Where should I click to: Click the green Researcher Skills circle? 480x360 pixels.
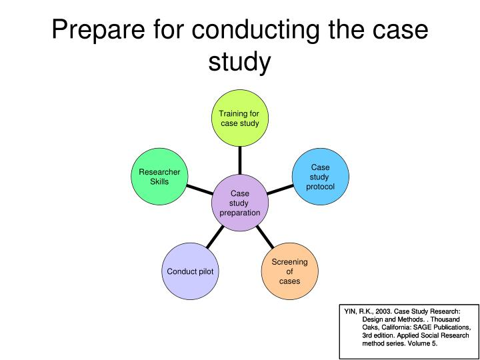(159, 177)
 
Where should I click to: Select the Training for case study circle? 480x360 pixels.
(240, 118)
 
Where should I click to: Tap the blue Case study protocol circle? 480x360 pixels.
(321, 177)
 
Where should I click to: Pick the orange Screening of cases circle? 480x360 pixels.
(289, 271)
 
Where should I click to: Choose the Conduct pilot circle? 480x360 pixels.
(191, 271)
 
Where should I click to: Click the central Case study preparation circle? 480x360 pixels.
(240, 203)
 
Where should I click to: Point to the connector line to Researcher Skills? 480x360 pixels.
(199, 189)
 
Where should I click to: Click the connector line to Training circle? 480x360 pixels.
(240, 161)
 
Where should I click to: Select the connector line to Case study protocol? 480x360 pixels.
(281, 189)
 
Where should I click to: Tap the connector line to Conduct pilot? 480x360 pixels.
(215, 237)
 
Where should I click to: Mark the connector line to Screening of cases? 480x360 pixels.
(265, 237)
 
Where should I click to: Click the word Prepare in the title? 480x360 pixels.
(98, 30)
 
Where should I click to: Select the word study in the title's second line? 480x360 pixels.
(240, 63)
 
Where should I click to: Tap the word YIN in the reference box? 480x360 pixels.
(349, 311)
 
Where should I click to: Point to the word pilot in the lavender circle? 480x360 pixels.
(207, 271)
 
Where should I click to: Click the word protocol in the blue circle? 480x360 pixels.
(320, 187)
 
